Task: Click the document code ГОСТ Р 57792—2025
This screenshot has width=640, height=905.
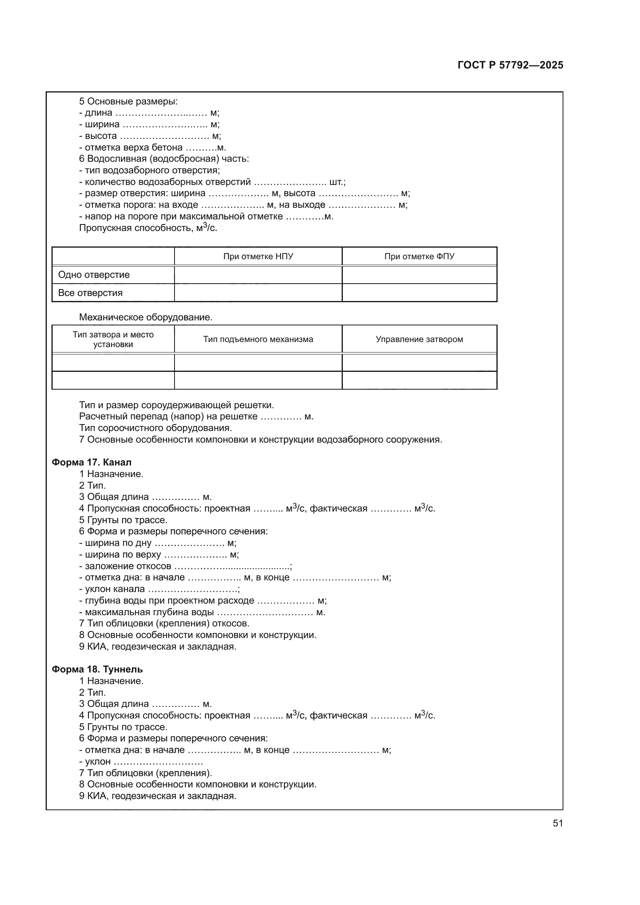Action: [x=510, y=65]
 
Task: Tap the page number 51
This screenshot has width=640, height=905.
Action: [x=558, y=823]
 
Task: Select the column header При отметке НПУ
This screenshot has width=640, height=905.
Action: [x=258, y=257]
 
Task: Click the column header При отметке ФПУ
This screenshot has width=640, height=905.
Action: [x=419, y=257]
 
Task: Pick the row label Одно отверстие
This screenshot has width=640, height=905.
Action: [x=94, y=275]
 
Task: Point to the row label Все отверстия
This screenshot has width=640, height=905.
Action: [x=90, y=293]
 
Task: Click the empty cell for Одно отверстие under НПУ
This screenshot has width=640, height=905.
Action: [x=258, y=275]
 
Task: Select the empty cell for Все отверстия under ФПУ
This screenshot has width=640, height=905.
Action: [x=419, y=293]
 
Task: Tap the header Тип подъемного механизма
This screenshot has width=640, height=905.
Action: [x=258, y=339]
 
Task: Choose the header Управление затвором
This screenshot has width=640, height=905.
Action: [x=419, y=339]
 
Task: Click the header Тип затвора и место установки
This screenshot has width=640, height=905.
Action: [x=113, y=339]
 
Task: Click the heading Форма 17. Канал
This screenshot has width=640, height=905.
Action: [x=91, y=462]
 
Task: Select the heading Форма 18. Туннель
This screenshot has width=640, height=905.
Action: [x=98, y=669]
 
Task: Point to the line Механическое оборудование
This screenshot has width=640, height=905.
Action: [x=146, y=317]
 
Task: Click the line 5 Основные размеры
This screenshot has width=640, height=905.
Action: [x=128, y=101]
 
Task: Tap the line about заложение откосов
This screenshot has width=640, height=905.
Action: [x=185, y=566]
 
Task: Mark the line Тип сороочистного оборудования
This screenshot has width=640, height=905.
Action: [x=156, y=428]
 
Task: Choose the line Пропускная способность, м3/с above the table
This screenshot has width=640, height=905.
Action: [x=148, y=228]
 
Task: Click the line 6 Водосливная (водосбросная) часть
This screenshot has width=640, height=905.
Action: [x=164, y=159]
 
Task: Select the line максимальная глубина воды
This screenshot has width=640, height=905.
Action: [x=202, y=612]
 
